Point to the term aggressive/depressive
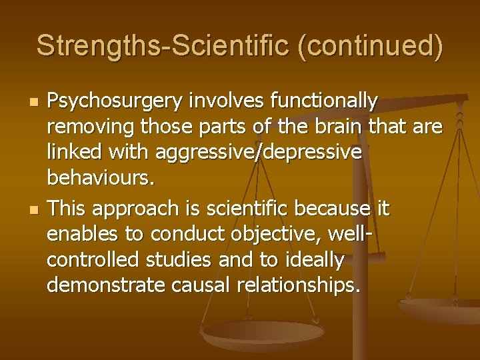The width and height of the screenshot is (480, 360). point(259,153)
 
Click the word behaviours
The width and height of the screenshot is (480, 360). point(101,178)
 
